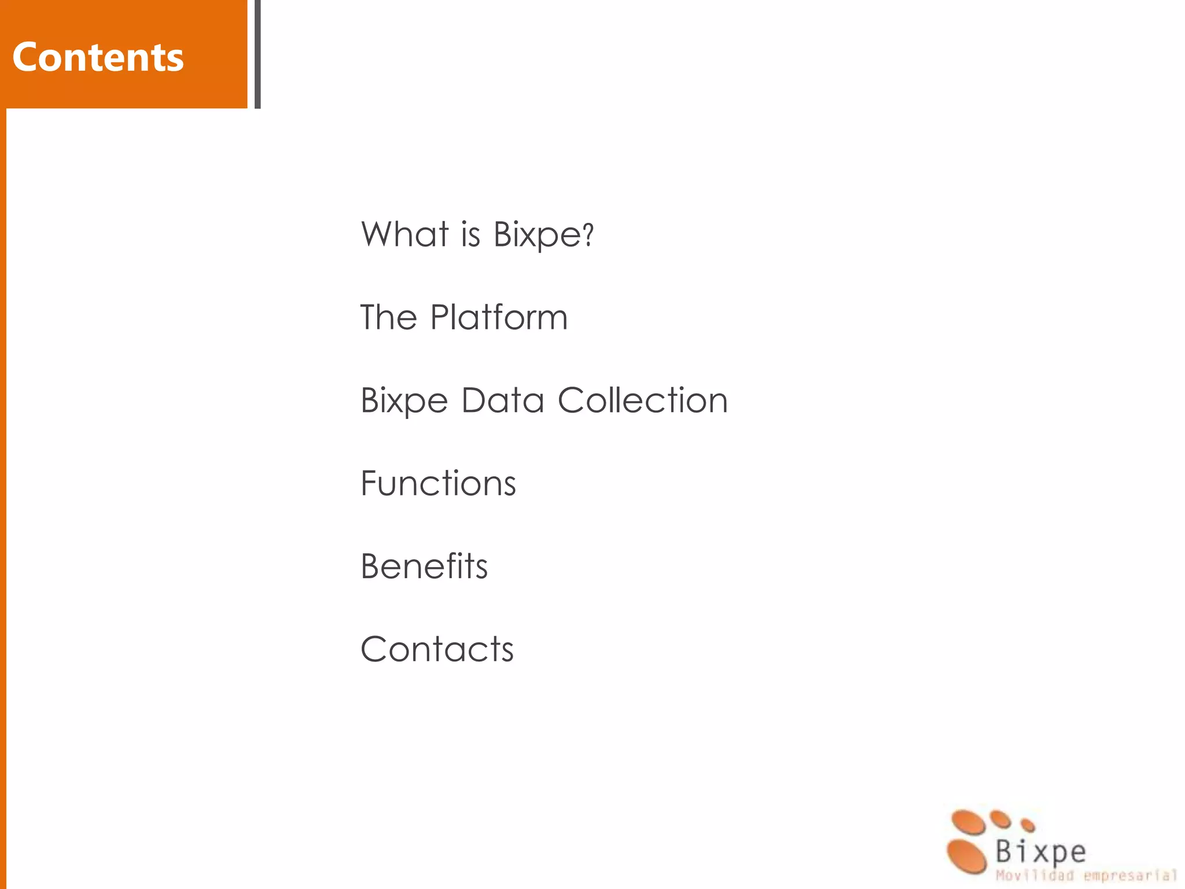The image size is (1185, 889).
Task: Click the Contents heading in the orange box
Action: click(x=98, y=57)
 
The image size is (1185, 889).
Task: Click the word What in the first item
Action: click(x=404, y=234)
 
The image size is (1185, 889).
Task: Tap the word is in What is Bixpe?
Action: click(x=470, y=234)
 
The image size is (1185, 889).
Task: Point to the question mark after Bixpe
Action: click(x=588, y=234)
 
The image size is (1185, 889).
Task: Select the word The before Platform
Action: click(x=388, y=317)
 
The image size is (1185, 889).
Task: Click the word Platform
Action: click(x=499, y=317)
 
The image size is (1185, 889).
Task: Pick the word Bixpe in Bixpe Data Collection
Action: click(x=404, y=401)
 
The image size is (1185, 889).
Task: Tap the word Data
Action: click(x=502, y=400)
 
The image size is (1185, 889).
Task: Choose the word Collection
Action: click(x=642, y=400)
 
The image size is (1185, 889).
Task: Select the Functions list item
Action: click(x=438, y=483)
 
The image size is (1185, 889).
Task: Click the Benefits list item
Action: click(x=424, y=566)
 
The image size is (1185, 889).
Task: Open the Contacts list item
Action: click(x=437, y=649)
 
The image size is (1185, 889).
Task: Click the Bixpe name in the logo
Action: click(x=1040, y=852)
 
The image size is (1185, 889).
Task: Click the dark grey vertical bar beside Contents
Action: click(x=257, y=54)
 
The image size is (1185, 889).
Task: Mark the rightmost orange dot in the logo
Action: click(x=1028, y=825)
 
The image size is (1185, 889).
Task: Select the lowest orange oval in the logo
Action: click(x=966, y=856)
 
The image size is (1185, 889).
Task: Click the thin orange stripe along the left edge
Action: click(x=3, y=498)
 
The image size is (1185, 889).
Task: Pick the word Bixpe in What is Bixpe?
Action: click(x=536, y=234)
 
